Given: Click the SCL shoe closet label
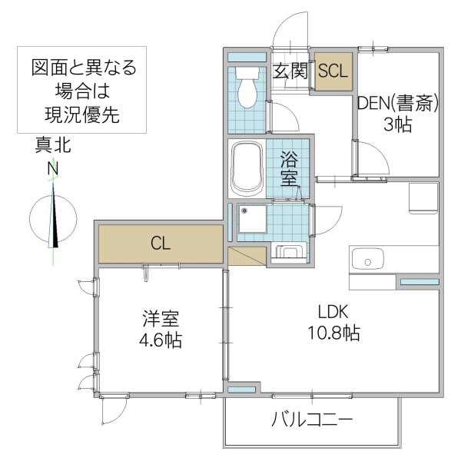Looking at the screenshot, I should (333, 71).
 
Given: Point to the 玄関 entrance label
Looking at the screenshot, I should (291, 71).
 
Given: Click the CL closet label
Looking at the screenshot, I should (160, 244).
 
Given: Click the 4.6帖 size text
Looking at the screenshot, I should (161, 339).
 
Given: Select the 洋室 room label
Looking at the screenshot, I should (161, 317).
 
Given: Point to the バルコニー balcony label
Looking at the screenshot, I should (311, 420).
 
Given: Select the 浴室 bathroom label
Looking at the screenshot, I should (289, 169).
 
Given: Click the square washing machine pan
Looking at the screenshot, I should (251, 222).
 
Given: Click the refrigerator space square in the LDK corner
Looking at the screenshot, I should (423, 198).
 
